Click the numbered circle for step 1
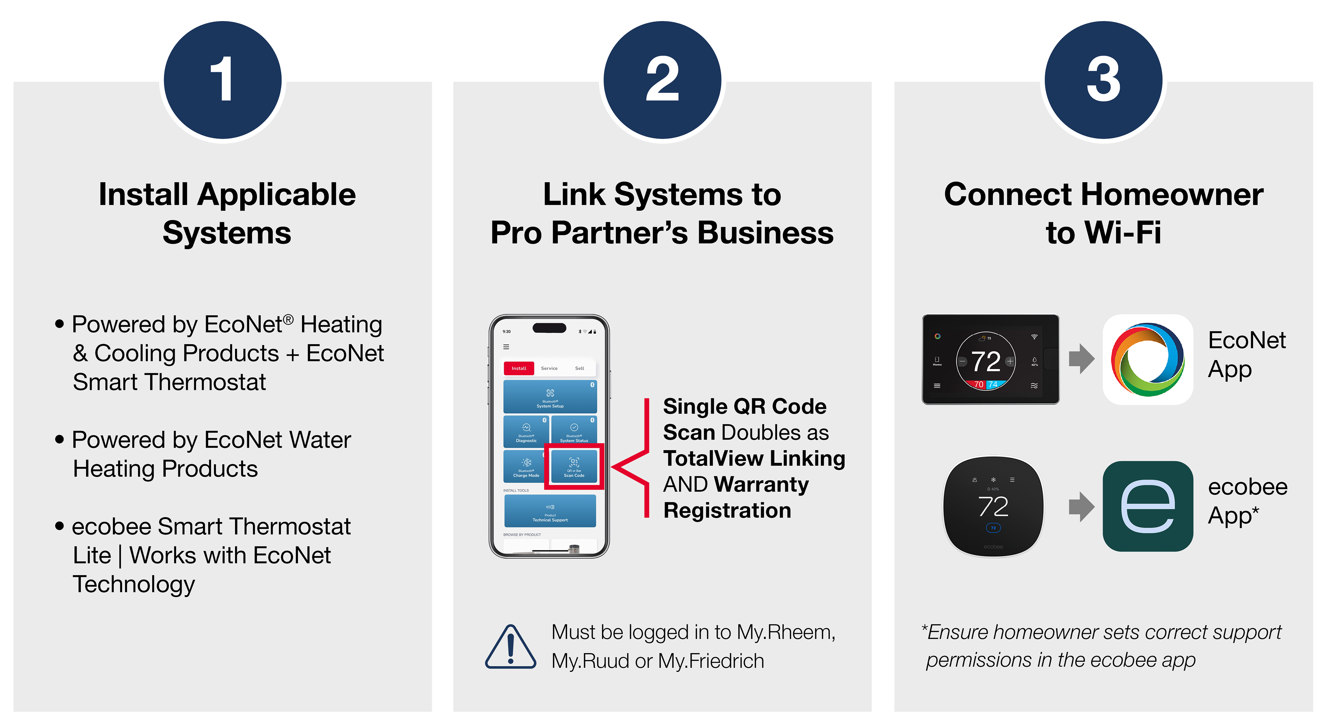223,80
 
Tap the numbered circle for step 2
662,80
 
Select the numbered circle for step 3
1103,80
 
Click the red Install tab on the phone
519,368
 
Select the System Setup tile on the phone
550,397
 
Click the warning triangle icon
510,647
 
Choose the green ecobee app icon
1148,506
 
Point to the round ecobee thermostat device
993,506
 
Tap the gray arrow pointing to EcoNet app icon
1081,359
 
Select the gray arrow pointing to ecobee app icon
1081,506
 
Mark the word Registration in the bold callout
727,511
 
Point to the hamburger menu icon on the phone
506,347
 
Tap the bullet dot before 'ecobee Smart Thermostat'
60,526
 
